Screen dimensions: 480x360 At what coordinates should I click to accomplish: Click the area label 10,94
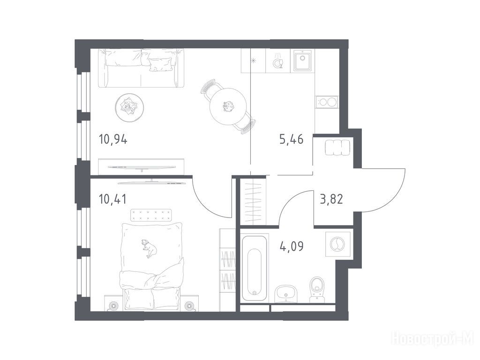point(113,140)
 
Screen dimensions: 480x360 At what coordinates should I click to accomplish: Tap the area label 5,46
point(291,140)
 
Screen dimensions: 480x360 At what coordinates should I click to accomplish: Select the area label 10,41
point(112,199)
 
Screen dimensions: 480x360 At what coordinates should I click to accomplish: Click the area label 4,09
point(292,246)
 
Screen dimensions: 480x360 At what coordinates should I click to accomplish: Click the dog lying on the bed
point(149,248)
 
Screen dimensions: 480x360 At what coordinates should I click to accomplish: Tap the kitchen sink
point(302,60)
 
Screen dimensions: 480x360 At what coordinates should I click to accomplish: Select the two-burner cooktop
point(327,101)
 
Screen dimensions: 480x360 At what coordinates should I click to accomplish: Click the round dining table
point(228,106)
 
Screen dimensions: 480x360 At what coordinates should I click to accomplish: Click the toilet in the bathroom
point(317,290)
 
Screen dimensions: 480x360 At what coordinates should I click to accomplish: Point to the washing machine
point(337,244)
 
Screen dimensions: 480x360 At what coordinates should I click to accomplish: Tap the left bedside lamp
point(114,305)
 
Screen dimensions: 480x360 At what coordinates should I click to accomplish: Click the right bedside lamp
point(189,305)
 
